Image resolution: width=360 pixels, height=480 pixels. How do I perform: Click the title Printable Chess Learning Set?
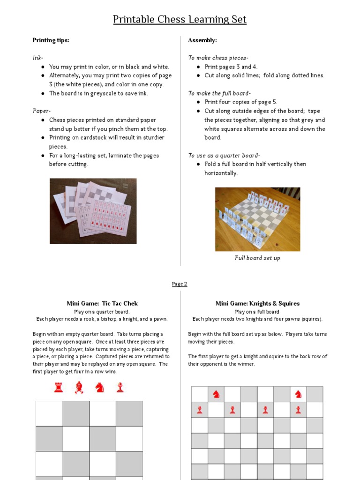(x=180, y=20)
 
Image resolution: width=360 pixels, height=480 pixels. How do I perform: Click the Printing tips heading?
(x=51, y=40)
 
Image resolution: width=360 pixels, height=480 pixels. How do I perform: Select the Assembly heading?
(x=202, y=40)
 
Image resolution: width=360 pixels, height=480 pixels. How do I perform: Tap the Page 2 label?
(x=180, y=284)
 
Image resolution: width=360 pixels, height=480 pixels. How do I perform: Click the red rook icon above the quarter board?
(x=59, y=387)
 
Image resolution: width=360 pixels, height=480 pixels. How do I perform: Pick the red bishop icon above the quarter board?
(x=79, y=387)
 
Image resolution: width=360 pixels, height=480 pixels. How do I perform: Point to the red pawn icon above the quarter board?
(x=120, y=387)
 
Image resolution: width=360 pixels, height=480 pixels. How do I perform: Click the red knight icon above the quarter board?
(x=99, y=387)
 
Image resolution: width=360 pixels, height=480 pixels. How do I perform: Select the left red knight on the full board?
(x=216, y=394)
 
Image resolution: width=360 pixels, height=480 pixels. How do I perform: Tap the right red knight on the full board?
(x=298, y=394)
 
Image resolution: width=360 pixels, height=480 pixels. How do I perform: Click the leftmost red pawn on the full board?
(x=200, y=410)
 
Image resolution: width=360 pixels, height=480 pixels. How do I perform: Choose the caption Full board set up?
(x=257, y=258)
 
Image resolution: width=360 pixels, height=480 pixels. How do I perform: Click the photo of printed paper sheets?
(x=93, y=210)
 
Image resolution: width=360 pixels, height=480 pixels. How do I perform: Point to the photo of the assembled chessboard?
(x=257, y=219)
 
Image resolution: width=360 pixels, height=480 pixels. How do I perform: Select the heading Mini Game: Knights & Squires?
(x=257, y=303)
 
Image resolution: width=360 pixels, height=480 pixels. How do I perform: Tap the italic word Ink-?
(x=38, y=58)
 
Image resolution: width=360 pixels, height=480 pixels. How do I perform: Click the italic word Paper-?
(x=41, y=111)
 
